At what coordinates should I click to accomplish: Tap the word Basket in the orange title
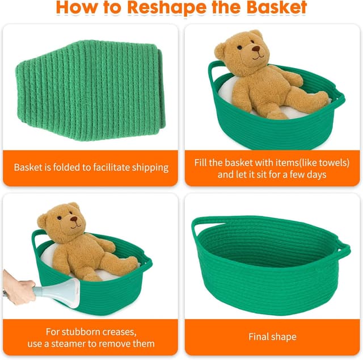pos(276,7)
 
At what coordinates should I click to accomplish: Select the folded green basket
pos(91,90)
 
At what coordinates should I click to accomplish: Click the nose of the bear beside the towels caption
pos(256,49)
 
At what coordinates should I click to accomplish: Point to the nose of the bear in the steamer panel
pos(74,219)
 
